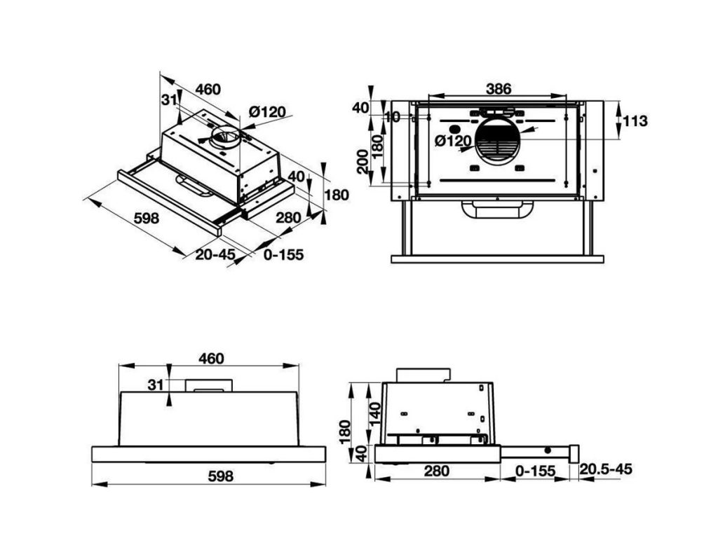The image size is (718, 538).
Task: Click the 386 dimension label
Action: (499, 89)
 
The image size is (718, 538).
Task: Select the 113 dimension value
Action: (635, 121)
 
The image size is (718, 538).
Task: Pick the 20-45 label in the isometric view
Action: (215, 254)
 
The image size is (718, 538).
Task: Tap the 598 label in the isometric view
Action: (147, 218)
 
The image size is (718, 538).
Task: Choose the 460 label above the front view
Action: (210, 359)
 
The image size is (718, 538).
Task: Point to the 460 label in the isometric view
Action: (208, 89)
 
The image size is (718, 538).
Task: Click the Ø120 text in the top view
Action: (452, 141)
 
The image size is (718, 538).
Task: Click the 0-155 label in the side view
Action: (535, 471)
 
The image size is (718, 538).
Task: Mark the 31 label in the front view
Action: (155, 384)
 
